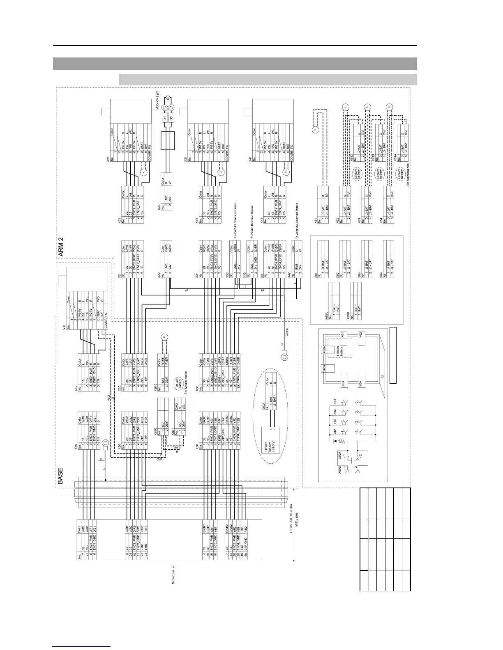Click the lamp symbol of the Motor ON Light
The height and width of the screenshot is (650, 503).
168,98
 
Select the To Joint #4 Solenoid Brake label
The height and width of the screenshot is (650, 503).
295,217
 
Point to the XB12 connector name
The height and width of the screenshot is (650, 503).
352,158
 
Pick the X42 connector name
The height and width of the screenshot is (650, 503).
291,279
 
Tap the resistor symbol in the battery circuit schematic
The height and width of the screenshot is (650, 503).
334,440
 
